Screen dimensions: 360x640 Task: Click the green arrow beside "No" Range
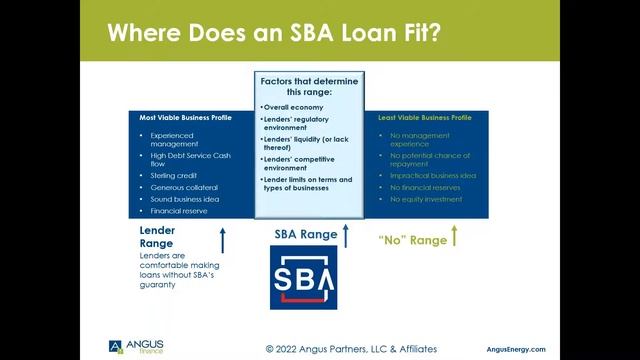tap(453, 236)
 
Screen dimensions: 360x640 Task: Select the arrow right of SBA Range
tap(346, 235)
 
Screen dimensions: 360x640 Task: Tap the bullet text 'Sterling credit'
tap(172, 175)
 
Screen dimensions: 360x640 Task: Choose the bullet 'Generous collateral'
tap(184, 187)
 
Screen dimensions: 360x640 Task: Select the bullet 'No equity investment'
tap(427, 199)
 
